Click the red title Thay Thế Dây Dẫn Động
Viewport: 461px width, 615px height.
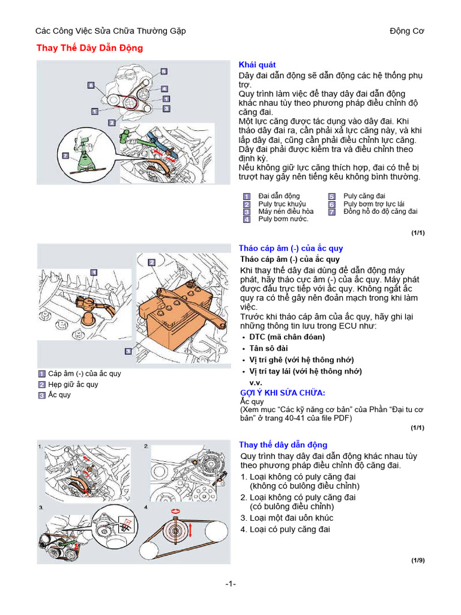[90, 48]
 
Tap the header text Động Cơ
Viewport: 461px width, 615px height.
[407, 31]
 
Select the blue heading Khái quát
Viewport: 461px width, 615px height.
[258, 64]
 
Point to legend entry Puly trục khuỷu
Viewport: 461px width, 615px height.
[282, 204]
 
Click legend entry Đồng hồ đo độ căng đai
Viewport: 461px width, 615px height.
[380, 211]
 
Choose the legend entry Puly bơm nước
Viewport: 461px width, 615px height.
[283, 219]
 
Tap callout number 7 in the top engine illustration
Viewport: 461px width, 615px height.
[65, 156]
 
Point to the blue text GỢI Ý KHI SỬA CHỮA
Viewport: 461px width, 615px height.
[283, 393]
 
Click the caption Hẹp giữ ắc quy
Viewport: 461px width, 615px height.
[73, 384]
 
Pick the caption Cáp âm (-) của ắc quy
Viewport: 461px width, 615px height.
[84, 374]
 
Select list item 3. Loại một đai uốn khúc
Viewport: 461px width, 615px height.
[286, 518]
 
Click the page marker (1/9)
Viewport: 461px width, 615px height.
[418, 560]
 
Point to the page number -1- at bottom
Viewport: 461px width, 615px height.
[231, 584]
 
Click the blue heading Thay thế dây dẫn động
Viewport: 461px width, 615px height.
[283, 444]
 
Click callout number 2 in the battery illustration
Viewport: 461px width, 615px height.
[152, 262]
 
